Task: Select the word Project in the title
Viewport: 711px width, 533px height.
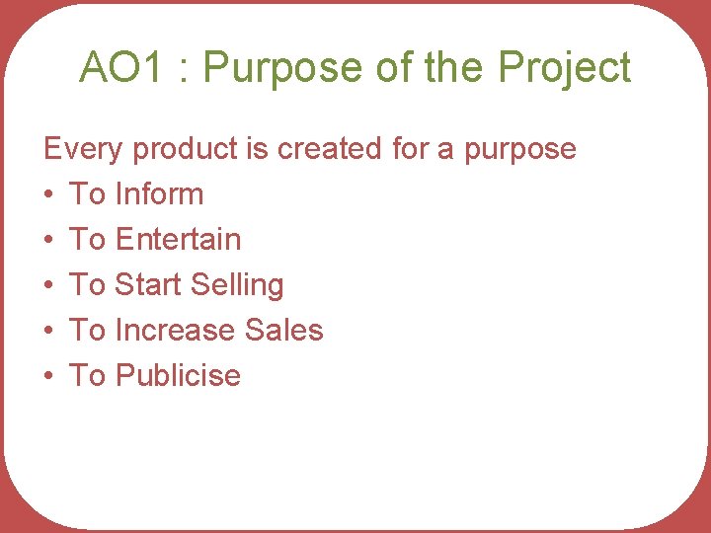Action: [x=564, y=68]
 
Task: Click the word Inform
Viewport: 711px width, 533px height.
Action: [x=159, y=194]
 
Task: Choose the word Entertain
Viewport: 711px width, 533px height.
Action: [x=178, y=240]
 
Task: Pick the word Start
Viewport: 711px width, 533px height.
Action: [x=148, y=285]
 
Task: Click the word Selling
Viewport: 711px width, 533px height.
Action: [x=237, y=286]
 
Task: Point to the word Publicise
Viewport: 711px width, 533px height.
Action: [x=178, y=376]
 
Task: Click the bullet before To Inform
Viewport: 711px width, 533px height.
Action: [x=49, y=195]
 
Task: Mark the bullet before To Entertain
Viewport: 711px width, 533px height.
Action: [x=49, y=241]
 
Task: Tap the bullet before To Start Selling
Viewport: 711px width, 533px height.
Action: [x=49, y=286]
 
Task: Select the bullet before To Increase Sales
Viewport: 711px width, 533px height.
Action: [x=49, y=332]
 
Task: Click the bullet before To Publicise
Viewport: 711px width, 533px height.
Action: [x=49, y=377]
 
